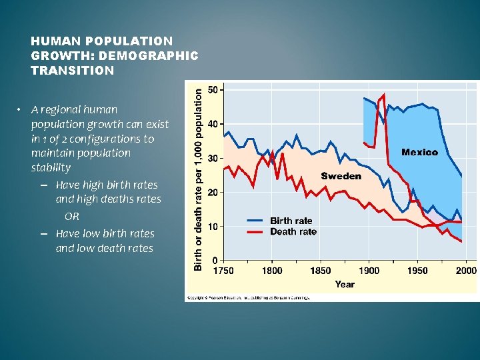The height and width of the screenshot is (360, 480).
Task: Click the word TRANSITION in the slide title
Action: (x=72, y=70)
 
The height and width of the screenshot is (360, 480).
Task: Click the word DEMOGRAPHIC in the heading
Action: (x=158, y=55)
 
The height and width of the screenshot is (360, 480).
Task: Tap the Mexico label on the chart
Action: (x=419, y=152)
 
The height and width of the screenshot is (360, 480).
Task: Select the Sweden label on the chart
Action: (x=341, y=176)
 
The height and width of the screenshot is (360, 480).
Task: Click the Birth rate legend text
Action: (x=291, y=221)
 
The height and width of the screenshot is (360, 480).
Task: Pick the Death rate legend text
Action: (x=293, y=231)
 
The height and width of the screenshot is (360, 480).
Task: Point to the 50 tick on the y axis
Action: (x=214, y=89)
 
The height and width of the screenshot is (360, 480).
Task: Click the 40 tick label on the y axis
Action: (x=214, y=124)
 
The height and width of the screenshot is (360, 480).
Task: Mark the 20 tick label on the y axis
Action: (x=214, y=192)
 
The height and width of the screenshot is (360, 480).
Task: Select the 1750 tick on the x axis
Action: (x=223, y=271)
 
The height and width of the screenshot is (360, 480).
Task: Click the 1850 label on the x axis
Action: (x=320, y=271)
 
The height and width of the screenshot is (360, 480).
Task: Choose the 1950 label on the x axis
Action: (x=417, y=271)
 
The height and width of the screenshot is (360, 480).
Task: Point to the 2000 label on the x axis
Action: (x=465, y=271)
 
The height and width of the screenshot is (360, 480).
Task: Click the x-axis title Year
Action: (x=345, y=284)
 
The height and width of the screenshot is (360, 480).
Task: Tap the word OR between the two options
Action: (x=72, y=217)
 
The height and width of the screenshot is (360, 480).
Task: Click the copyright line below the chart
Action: (x=248, y=298)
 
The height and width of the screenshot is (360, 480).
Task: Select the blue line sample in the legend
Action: (x=255, y=221)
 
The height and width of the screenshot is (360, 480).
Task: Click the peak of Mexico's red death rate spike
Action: (x=384, y=94)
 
